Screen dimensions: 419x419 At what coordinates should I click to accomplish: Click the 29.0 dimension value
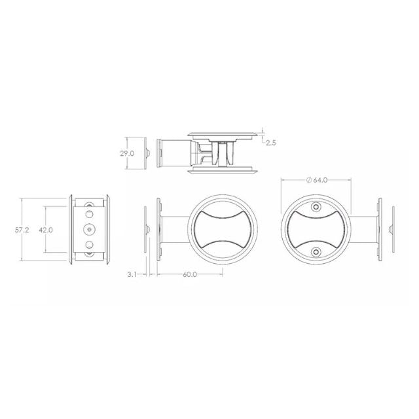coord(127,153)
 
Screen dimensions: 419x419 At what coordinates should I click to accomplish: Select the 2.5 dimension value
coord(271,140)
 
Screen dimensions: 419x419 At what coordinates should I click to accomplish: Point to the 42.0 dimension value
coord(45,230)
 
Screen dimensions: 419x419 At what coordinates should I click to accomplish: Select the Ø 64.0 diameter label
coord(316,180)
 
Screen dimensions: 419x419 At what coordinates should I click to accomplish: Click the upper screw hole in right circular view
coord(316,207)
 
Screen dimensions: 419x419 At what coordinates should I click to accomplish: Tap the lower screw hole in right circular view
coord(316,251)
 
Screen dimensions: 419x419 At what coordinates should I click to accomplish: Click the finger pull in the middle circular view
coord(221,228)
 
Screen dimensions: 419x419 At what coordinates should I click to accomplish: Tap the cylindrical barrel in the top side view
coord(173,152)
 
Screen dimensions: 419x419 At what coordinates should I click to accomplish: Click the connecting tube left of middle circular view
coord(174,228)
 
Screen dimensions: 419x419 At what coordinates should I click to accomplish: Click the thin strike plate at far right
coord(392,228)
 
